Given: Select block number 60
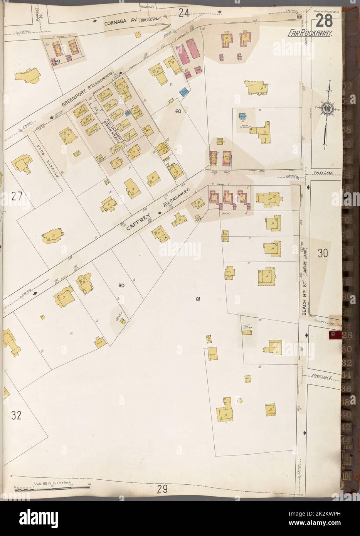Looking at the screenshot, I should [178, 111].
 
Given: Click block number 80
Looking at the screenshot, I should [122, 286].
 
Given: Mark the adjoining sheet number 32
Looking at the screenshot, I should [16, 415].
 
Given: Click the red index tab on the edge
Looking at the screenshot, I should [335, 336].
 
